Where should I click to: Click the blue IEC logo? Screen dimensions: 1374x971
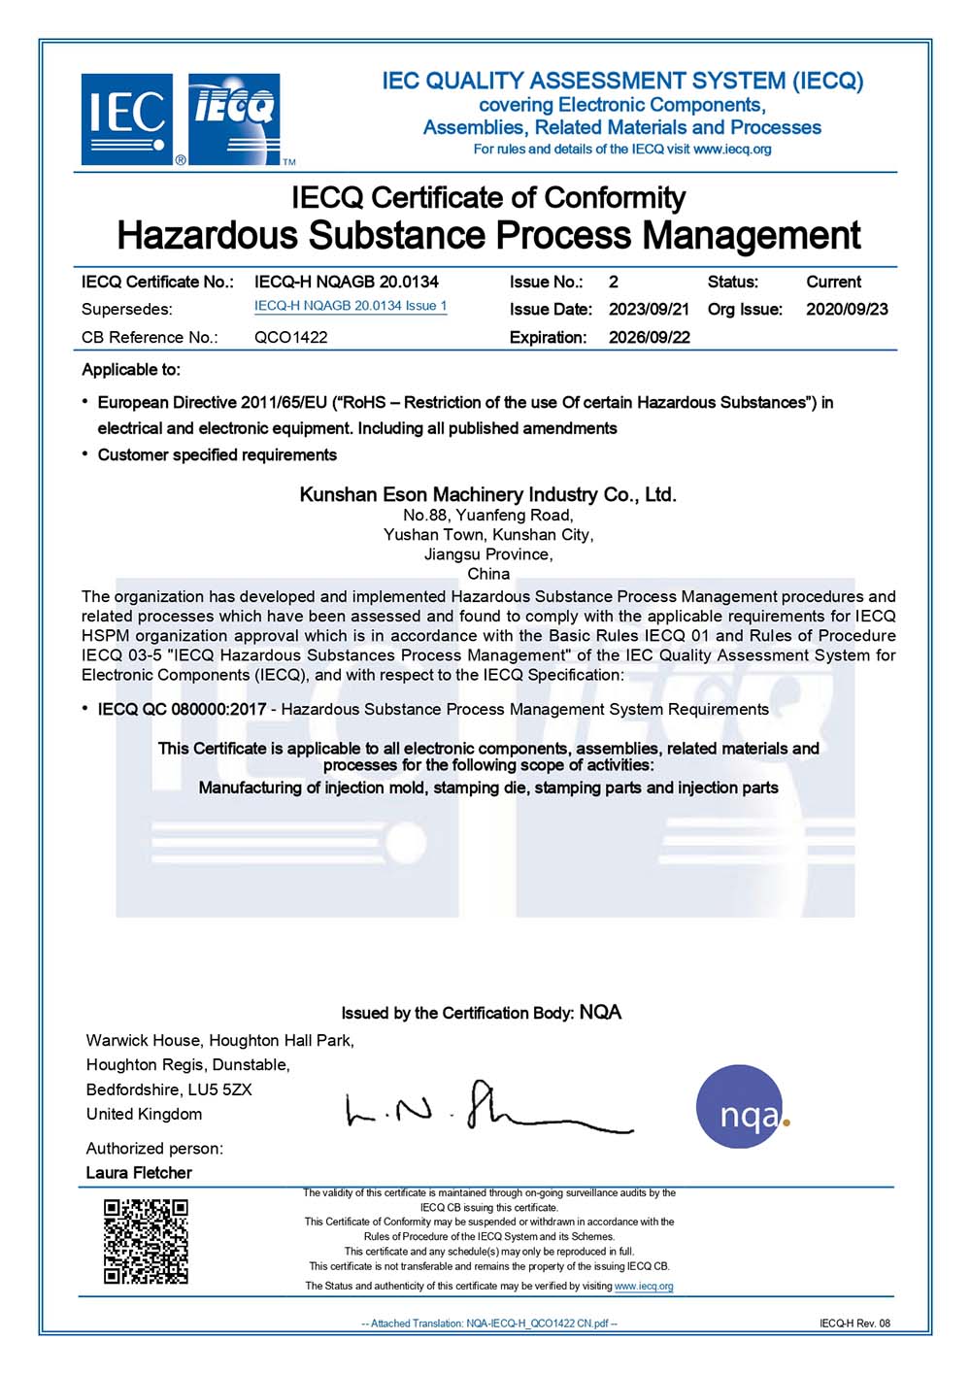click(127, 118)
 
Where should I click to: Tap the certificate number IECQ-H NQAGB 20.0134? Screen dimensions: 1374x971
click(346, 282)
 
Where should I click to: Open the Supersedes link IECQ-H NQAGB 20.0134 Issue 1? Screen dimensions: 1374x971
click(351, 306)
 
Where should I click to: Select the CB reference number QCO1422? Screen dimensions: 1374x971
click(290, 337)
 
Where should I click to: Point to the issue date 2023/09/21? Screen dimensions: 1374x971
click(649, 309)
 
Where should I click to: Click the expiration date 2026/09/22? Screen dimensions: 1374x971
click(649, 337)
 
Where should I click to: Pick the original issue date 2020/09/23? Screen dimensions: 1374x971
click(847, 309)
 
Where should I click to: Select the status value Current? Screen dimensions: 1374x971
click(833, 282)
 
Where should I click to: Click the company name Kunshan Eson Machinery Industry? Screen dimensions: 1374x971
click(487, 494)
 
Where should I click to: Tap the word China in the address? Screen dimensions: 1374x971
click(488, 574)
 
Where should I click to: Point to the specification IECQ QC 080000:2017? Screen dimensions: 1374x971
click(182, 709)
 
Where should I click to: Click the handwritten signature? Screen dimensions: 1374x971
click(485, 1109)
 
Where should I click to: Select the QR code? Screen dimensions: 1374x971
click(146, 1241)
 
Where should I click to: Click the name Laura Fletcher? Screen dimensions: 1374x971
click(139, 1172)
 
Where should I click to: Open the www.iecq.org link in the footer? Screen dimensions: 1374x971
click(644, 1286)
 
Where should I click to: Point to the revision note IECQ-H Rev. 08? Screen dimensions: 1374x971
click(854, 1323)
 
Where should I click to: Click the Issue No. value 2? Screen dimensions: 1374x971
click(614, 282)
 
